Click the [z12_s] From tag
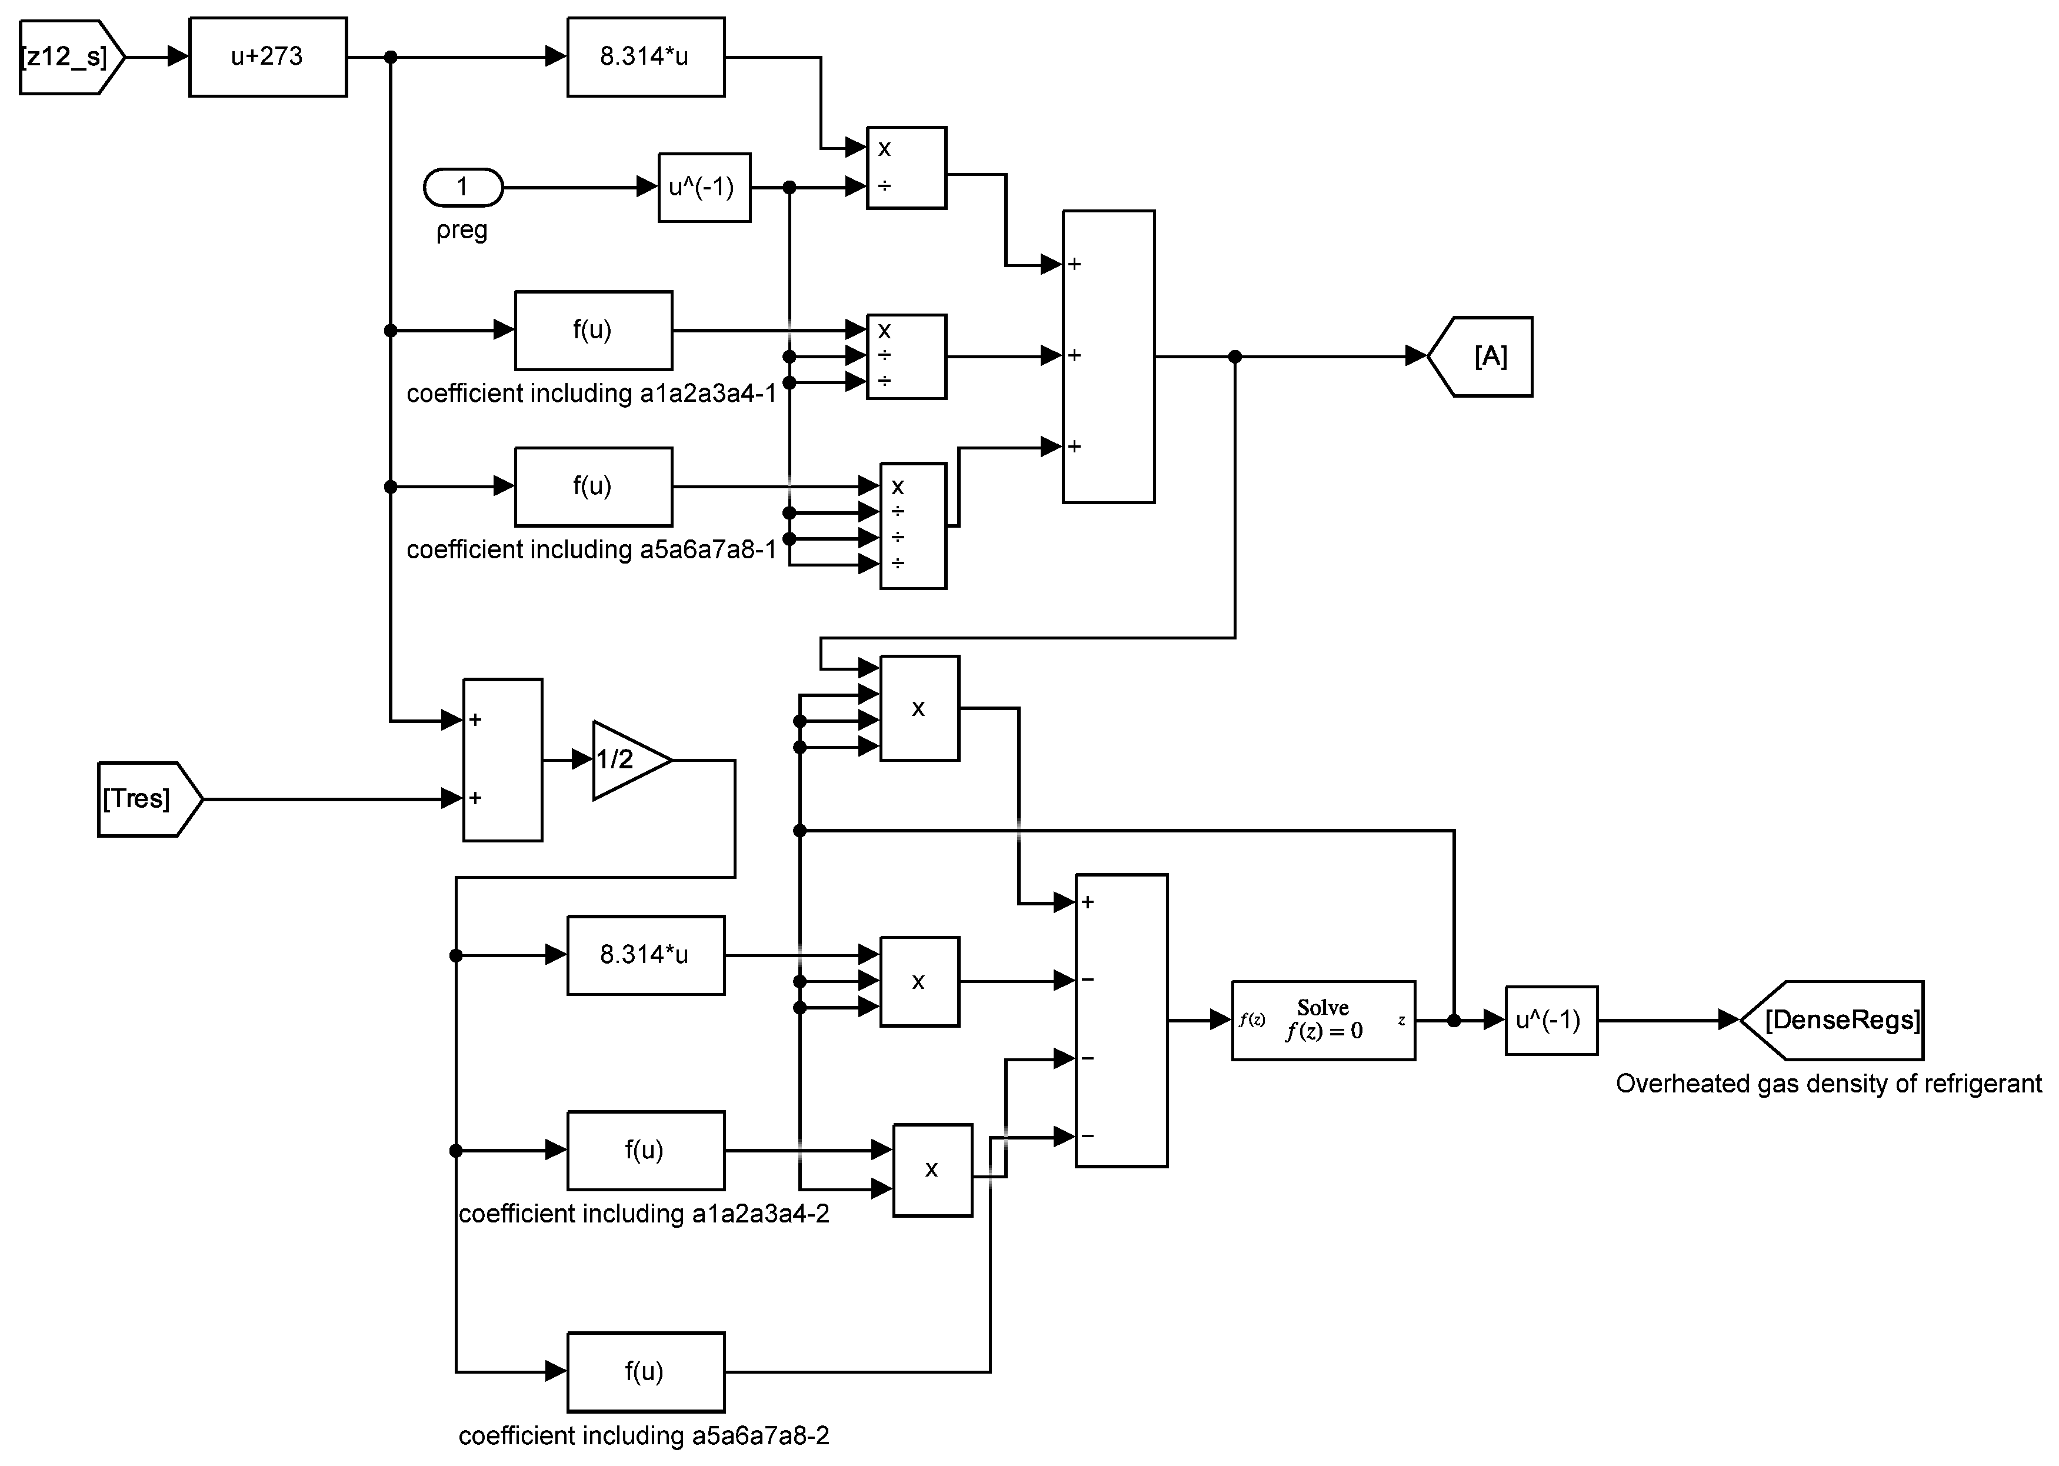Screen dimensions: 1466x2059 [x=68, y=57]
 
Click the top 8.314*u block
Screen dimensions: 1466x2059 [x=645, y=57]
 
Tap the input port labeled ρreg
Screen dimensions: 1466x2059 [x=462, y=188]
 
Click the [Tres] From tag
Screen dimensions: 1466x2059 [x=145, y=799]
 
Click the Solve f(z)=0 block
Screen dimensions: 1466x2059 [x=1322, y=1020]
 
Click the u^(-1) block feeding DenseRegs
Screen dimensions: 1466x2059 [x=1550, y=1020]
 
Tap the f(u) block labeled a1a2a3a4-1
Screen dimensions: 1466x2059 [x=593, y=331]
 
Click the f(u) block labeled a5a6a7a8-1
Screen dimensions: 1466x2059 [x=593, y=487]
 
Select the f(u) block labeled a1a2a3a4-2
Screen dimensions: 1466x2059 [x=645, y=1150]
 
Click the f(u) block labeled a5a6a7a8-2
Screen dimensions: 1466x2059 [x=645, y=1371]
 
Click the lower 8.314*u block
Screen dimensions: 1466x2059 [x=645, y=955]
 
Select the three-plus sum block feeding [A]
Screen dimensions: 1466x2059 [x=1108, y=356]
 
